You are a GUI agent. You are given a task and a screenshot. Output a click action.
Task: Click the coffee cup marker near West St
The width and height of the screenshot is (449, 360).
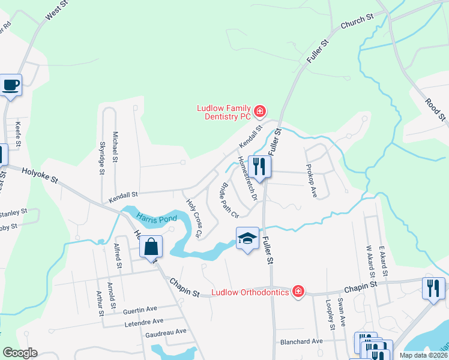coord(11,85)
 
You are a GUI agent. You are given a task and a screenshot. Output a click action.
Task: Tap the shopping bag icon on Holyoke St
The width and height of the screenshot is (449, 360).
coord(151,246)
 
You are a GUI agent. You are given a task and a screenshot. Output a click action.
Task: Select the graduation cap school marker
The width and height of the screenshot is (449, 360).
coord(247,239)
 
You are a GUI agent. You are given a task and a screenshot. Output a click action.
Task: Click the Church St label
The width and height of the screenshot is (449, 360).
coord(357,22)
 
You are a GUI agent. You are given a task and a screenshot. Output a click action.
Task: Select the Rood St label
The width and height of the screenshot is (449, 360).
coord(435,109)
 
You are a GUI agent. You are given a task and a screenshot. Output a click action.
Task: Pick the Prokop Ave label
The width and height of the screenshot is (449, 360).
coord(311,181)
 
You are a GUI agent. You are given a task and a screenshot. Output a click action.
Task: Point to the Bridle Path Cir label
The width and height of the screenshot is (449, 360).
coord(231,200)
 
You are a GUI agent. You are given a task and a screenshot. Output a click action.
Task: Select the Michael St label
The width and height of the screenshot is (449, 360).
coord(115,151)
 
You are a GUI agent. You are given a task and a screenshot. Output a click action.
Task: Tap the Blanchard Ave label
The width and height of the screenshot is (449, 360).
coord(301,341)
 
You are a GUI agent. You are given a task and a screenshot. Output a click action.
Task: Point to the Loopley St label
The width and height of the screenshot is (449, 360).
coord(331,316)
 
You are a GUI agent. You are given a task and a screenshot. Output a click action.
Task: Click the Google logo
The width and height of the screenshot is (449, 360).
coord(20,353)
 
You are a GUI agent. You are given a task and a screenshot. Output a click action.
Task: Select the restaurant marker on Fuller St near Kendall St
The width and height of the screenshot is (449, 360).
coord(259,168)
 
